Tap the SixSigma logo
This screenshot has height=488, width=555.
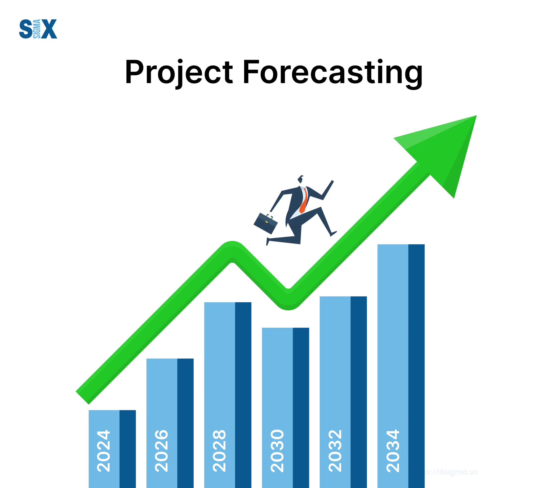pos(38,29)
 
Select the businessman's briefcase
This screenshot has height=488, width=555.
pos(265,223)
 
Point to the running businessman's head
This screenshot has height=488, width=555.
pos(300,179)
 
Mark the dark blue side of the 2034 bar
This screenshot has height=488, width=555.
pos(416,353)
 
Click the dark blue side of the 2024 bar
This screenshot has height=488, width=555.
pos(128,448)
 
